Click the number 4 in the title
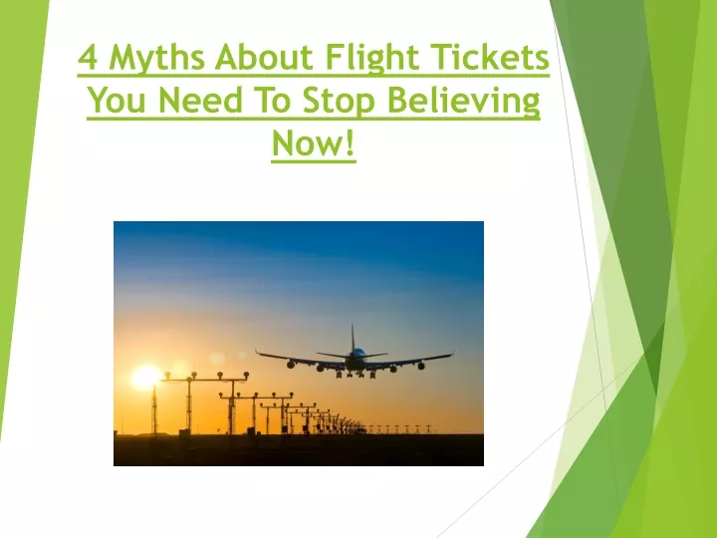(88, 58)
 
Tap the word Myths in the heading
(157, 60)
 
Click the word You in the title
(117, 101)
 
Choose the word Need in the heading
(200, 100)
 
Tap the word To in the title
(273, 101)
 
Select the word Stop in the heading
(339, 102)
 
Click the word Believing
(464, 102)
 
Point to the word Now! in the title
(314, 142)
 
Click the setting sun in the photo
(145, 378)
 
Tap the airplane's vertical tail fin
(353, 338)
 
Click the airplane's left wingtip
(257, 353)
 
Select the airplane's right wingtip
(452, 353)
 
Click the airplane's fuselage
(356, 360)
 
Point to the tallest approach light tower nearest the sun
(189, 403)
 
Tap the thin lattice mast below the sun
(154, 411)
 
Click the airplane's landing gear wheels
(357, 375)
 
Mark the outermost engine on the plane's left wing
(291, 365)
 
